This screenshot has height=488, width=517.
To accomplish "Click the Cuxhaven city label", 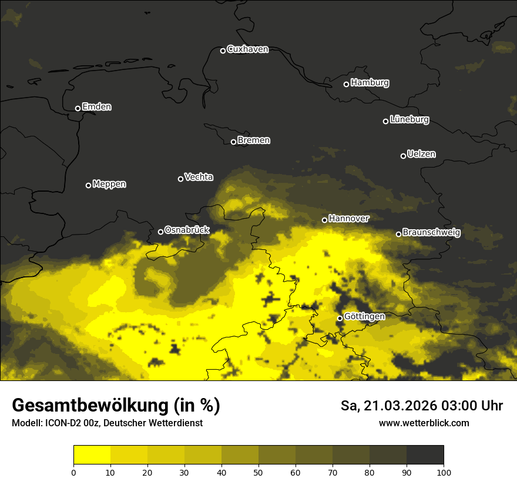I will point(247,49).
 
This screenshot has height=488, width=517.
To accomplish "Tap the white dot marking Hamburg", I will point(346,84).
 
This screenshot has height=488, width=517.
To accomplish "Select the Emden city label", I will point(96,107).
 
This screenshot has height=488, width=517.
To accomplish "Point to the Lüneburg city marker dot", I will point(385,121).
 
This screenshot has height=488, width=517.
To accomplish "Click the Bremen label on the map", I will point(254,141).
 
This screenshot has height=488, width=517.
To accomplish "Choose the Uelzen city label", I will point(421,154).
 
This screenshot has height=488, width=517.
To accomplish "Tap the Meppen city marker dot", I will point(88,185).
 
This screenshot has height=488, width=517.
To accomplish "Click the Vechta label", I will point(199,177).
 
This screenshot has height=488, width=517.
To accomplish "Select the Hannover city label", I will point(349,219).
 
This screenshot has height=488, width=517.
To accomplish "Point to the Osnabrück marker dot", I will point(160,232).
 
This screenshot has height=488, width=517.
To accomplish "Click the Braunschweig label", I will point(431,233).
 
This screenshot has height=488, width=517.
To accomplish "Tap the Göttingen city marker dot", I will point(340,318).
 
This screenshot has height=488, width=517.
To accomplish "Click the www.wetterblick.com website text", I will point(424,423).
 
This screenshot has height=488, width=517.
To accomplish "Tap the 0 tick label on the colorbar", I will point(73,472).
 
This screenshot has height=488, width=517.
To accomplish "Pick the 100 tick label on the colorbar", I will point(443,472).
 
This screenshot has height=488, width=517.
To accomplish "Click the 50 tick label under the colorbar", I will point(258,472).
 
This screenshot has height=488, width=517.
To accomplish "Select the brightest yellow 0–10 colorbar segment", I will point(92,454).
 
